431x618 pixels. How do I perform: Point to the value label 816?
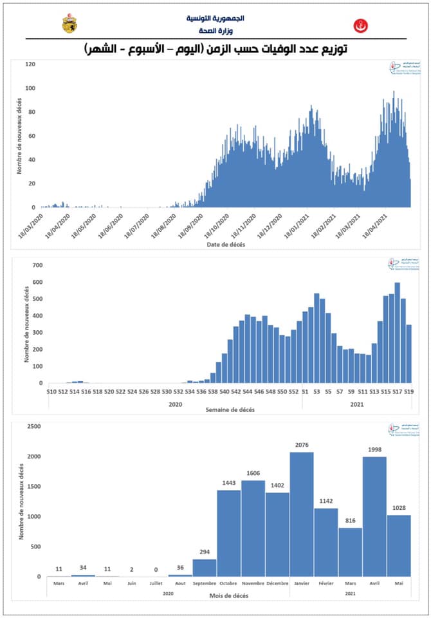[350, 521]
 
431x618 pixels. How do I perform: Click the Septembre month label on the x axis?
[205, 584]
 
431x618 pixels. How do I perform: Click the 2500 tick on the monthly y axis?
[33, 426]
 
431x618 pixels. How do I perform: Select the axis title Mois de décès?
[229, 597]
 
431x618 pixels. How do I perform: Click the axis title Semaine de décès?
[229, 409]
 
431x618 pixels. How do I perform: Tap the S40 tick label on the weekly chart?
[225, 391]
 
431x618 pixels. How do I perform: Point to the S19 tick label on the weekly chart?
[408, 391]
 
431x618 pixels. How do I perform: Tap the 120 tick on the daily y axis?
[30, 64]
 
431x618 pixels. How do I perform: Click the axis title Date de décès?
[225, 245]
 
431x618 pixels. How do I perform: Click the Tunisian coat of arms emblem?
[69, 24]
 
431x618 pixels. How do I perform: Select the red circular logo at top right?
[361, 26]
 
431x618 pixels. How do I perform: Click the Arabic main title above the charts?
[215, 49]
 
